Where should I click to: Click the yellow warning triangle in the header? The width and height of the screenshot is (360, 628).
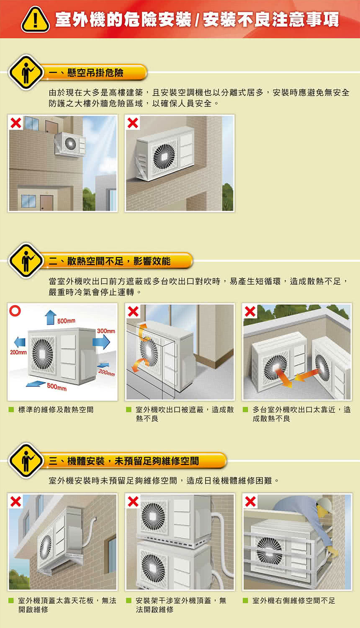pos(35,20)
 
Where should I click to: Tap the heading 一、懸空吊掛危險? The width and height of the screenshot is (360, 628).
pos(86,73)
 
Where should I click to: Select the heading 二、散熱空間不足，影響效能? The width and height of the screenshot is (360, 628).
pos(110,261)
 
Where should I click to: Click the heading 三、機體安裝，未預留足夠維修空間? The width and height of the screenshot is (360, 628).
pos(124,461)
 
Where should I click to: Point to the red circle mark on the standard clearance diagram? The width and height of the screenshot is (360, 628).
pos(15,311)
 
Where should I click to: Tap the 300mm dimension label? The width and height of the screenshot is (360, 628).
pos(106,331)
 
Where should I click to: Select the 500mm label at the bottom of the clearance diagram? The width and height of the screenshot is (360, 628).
pos(57,388)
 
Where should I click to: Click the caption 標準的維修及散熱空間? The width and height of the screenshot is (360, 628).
pos(56,409)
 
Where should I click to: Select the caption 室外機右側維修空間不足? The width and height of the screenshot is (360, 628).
pos(293,600)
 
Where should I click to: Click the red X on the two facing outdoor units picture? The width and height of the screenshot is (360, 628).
pos(250,311)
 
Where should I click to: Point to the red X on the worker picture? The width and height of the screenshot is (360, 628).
pos(250,501)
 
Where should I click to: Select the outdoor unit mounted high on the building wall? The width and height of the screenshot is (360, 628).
pos(70,145)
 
